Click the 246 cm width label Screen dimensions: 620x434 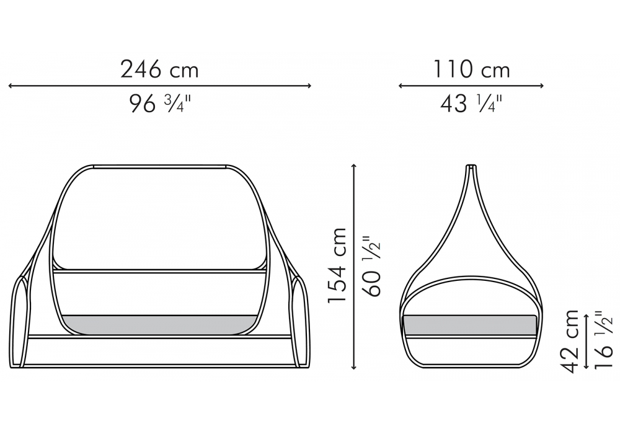159,69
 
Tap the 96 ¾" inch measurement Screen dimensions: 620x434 160,104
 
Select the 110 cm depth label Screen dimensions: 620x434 471,69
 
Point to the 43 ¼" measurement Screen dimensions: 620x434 471,104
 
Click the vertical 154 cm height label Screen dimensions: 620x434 337,265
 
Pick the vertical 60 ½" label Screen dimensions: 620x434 371,266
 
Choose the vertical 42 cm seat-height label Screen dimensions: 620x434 570,341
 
